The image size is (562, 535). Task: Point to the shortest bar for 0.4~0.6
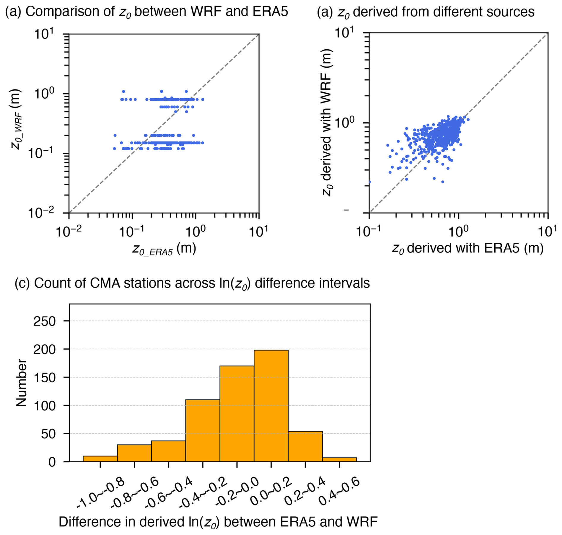tap(339, 459)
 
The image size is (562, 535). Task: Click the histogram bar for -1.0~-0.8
tap(100, 458)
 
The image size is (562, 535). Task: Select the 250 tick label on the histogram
tap(45, 321)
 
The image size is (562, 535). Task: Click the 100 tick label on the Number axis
tap(45, 406)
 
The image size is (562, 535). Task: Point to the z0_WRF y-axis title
tap(15, 119)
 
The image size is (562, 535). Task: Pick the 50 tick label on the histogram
tap(48, 434)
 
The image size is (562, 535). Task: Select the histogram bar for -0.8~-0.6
tap(134, 453)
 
